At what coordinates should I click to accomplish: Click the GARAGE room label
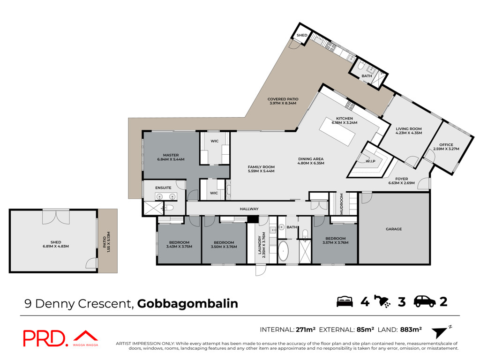coord(394,229)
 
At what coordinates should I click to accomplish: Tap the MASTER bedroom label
coord(171,155)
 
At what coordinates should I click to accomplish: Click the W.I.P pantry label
coord(370,161)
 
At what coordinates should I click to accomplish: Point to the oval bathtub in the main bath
coord(283,251)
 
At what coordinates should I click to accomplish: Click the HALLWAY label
coord(249,209)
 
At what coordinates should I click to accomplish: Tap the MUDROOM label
coord(342,203)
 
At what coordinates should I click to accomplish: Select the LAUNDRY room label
coord(260,245)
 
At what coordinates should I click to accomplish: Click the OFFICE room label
coord(446,145)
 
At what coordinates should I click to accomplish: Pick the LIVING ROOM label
coord(409,129)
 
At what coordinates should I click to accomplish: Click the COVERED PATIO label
coord(283,99)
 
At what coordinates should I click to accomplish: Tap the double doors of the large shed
coord(56,217)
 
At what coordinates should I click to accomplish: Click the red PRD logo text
coord(45,338)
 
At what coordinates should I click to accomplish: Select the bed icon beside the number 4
coord(345,301)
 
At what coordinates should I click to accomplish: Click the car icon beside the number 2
coord(425,301)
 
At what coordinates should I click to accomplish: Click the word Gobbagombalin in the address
coord(187,304)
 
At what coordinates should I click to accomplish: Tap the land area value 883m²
coord(411,330)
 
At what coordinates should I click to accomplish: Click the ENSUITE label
coord(163,188)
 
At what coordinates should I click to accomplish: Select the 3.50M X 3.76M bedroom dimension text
coord(224,247)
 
